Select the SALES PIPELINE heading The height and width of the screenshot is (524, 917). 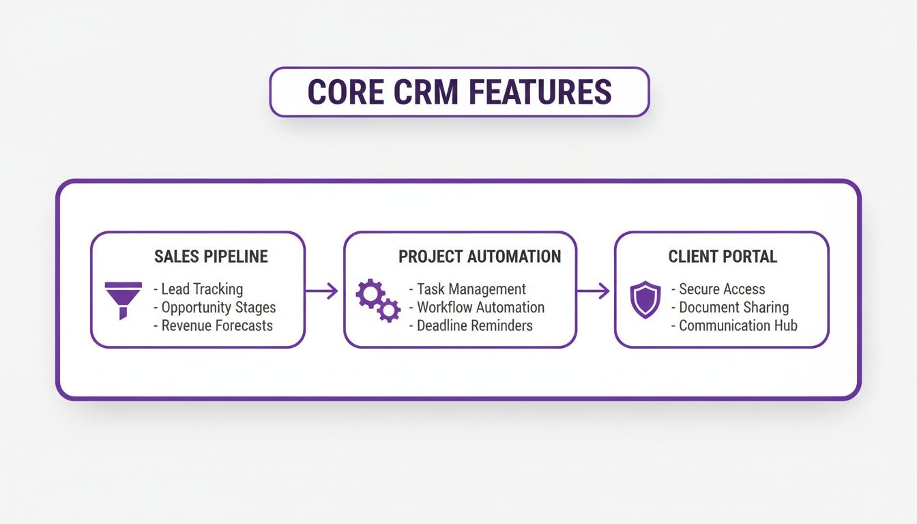[211, 257]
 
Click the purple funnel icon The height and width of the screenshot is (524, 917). [123, 300]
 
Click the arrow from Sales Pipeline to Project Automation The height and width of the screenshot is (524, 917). [323, 291]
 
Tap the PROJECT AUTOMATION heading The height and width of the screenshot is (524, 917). [480, 257]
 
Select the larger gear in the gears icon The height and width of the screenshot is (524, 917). [370, 294]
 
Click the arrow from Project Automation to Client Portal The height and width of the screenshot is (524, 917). [594, 291]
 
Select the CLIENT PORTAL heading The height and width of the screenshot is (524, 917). [723, 257]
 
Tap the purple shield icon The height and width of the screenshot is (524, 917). [645, 300]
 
